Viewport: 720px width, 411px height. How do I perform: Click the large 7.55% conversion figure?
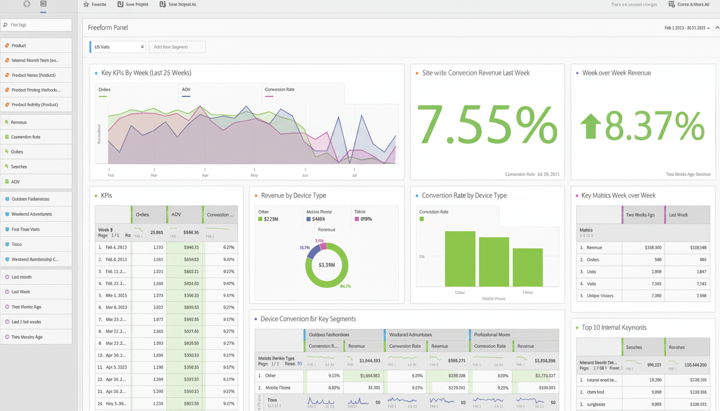pos(486,125)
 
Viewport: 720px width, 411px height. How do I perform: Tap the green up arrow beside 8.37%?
pos(591,126)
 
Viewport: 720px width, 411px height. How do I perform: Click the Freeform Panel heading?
pos(108,28)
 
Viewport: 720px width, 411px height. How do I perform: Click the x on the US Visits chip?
pos(142,47)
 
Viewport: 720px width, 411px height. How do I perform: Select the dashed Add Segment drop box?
pos(177,47)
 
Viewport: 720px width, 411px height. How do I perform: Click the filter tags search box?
pos(36,25)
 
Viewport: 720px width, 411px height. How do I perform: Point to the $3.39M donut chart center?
pos(326,265)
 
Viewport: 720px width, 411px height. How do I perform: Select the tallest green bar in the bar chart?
pos(460,259)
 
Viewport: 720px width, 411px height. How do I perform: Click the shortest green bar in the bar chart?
pos(527,267)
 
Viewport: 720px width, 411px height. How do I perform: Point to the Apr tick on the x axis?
pos(205,174)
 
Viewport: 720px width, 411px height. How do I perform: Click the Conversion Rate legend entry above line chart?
pos(280,90)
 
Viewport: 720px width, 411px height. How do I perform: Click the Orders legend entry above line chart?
pos(104,90)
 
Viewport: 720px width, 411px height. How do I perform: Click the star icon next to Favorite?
pos(86,4)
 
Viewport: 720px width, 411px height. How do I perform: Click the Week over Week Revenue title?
pos(616,73)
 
